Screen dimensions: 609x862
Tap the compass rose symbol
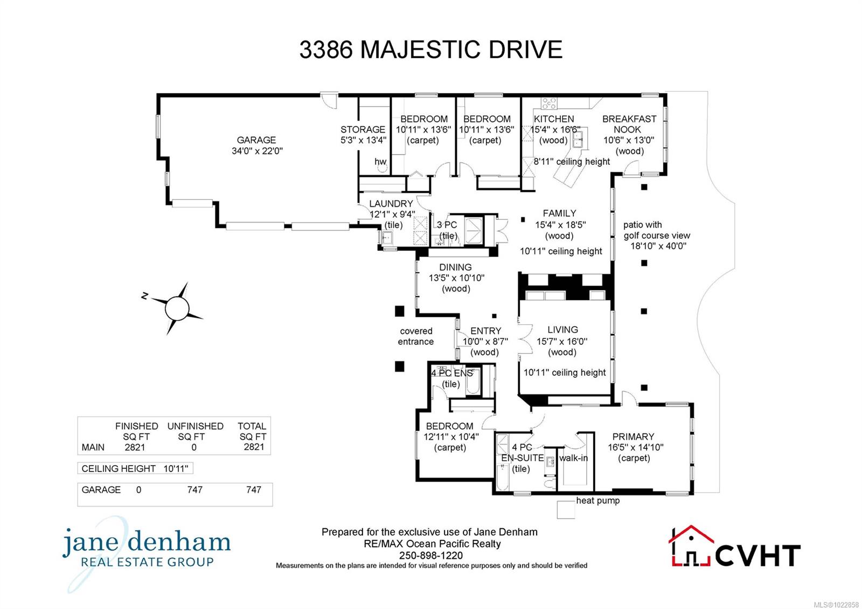point(177,308)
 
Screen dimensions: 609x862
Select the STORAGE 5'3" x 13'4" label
point(363,135)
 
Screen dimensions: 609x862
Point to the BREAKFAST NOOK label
point(629,124)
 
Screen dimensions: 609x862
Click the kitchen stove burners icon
point(548,103)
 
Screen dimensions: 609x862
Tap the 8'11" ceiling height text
point(572,162)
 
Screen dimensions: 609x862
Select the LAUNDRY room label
point(391,204)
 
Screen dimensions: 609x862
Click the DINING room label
point(455,267)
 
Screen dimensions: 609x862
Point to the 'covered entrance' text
point(416,336)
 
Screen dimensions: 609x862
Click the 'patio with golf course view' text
point(657,230)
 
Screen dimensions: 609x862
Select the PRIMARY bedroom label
point(633,437)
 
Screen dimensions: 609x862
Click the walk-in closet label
point(573,458)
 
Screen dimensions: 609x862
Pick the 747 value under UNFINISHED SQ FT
point(194,490)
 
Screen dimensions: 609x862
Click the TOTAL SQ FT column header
point(253,431)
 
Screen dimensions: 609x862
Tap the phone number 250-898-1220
point(431,555)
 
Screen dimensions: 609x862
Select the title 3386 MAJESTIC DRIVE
point(431,50)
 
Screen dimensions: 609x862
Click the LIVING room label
point(562,330)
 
